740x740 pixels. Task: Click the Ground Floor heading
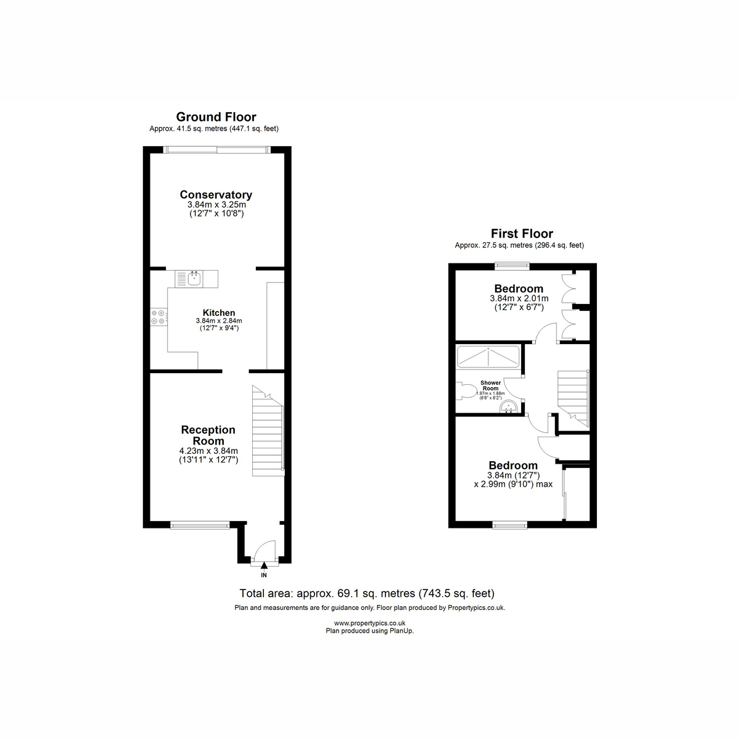tap(216, 117)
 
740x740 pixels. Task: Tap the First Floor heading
tap(522, 234)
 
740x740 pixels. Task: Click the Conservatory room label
tap(216, 195)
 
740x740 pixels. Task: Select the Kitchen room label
tap(219, 313)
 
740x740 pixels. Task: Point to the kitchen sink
tap(194, 278)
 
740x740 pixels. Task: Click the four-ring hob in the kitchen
tap(158, 317)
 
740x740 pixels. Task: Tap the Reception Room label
tap(208, 435)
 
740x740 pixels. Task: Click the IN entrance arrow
tap(264, 564)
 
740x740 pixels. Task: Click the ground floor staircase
tap(268, 431)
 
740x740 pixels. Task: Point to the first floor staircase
tap(572, 398)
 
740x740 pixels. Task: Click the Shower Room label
tap(490, 385)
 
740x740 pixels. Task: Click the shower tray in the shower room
tap(488, 357)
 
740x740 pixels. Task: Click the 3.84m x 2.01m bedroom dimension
tap(519, 298)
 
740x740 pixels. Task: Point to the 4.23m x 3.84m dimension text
tap(208, 451)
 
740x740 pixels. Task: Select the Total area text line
tap(367, 593)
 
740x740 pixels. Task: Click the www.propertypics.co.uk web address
tap(369, 623)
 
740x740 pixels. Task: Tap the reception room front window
tap(200, 525)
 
